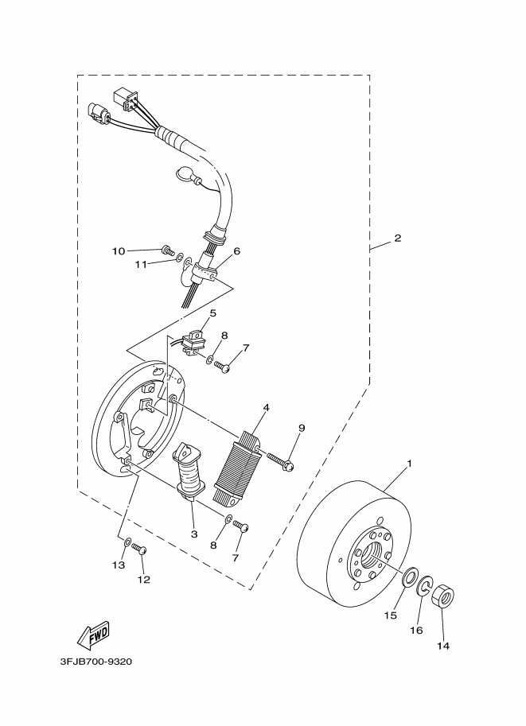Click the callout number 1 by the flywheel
click(x=410, y=464)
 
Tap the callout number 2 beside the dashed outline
click(x=397, y=239)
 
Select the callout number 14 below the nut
click(x=442, y=646)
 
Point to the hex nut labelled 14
click(x=443, y=597)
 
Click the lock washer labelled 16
click(x=425, y=588)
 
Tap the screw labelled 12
click(x=139, y=549)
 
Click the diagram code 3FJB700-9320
click(x=95, y=661)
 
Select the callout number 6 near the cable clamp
click(x=236, y=250)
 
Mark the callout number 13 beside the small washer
click(x=119, y=565)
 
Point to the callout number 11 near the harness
click(x=140, y=264)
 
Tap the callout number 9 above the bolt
click(x=302, y=429)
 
